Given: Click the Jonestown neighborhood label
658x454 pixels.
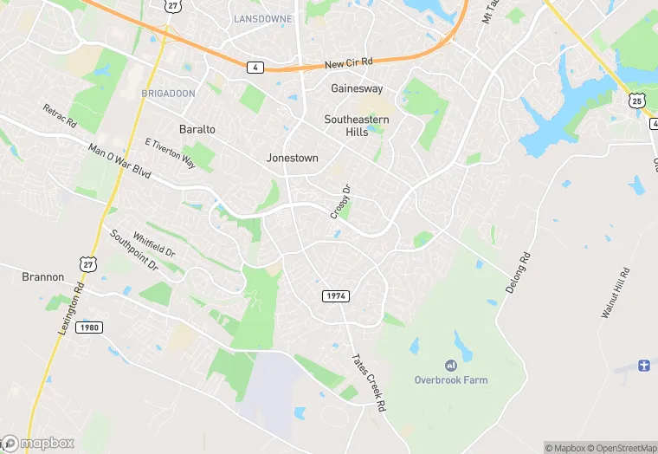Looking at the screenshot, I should (x=292, y=159).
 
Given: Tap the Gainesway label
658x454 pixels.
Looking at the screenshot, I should (x=357, y=88).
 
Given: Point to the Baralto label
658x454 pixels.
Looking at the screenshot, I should (x=197, y=129).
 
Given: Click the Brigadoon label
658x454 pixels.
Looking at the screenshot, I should (x=169, y=93).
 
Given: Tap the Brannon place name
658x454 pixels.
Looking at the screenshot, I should (x=43, y=277).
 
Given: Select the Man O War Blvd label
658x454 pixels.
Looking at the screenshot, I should (x=119, y=162).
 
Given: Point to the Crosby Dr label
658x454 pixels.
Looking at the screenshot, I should (x=339, y=201).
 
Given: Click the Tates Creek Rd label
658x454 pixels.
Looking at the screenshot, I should (x=367, y=382).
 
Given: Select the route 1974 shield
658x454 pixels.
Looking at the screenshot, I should (x=336, y=296).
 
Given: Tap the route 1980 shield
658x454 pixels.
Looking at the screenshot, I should (x=88, y=328).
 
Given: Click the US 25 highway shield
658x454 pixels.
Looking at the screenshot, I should (x=636, y=101).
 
